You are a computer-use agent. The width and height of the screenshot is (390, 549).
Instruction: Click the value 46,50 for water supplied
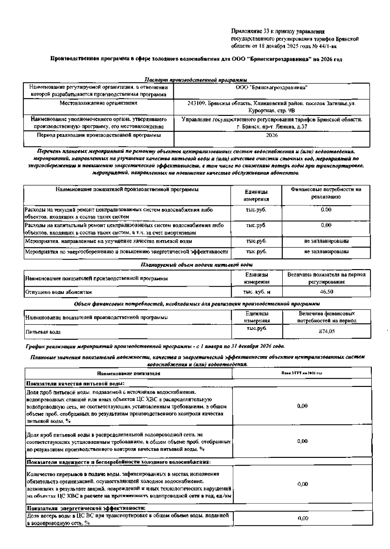326,292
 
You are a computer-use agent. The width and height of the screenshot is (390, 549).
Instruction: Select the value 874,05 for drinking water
327,331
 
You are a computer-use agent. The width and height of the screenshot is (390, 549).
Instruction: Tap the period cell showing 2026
272,135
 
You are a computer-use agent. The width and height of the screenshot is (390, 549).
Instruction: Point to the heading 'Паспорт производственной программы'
195,80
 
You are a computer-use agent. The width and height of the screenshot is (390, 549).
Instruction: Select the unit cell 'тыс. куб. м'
256,292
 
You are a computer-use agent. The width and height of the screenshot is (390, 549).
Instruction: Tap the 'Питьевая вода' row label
43,332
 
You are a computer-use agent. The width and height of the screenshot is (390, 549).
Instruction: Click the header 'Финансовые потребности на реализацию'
326,193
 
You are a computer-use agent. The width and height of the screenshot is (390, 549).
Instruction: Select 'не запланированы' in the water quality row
326,241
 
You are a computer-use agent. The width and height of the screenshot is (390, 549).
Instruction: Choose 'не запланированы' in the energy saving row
326,252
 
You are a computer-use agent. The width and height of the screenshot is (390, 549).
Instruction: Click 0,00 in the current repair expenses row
326,210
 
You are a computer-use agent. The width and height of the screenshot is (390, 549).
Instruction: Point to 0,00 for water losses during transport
303,518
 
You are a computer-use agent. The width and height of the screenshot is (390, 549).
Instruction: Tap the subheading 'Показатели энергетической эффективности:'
86,508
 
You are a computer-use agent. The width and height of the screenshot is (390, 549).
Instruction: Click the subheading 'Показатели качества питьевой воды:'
75,383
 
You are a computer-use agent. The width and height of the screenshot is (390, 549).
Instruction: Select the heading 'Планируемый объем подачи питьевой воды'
197,265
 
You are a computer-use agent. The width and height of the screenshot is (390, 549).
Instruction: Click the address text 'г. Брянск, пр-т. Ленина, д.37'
272,127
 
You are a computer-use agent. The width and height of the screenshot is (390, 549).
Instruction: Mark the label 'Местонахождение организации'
98,103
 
